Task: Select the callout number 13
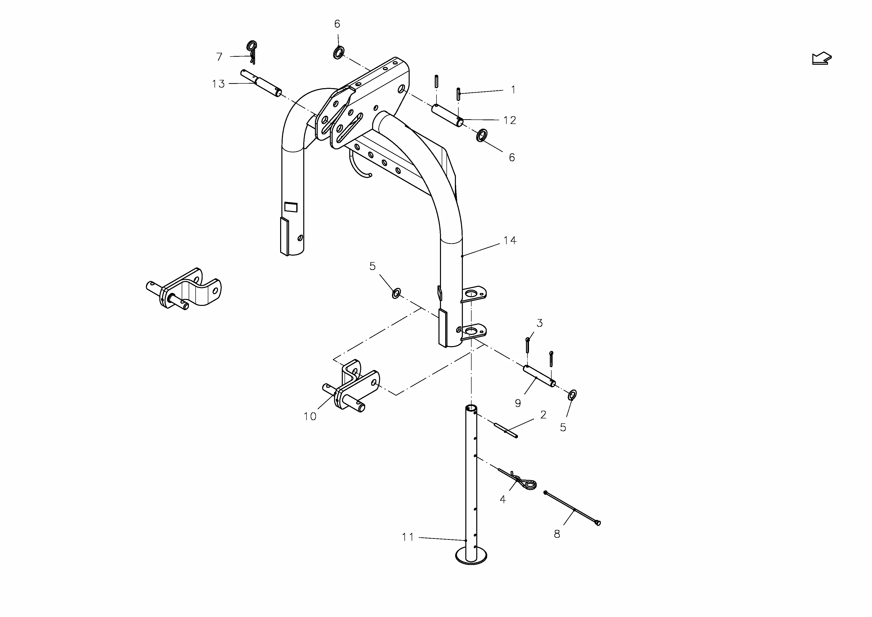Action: [x=218, y=84]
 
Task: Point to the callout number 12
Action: [x=510, y=120]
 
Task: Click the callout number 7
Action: [x=219, y=57]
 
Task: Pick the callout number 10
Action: [x=310, y=416]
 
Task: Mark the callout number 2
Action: [x=543, y=414]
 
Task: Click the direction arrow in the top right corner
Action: [x=822, y=58]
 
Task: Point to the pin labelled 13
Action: [x=261, y=82]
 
